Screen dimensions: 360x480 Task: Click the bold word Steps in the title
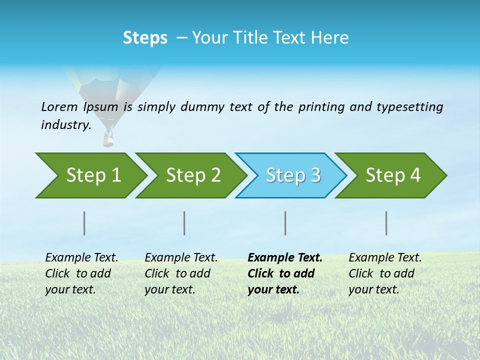coord(145,37)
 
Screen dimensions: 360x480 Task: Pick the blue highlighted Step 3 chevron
coord(293,175)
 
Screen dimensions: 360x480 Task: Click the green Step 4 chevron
coord(393,175)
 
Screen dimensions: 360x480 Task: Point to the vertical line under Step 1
coord(84,223)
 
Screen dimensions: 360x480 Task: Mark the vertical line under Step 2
coord(184,223)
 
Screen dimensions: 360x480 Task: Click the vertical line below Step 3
coord(285,223)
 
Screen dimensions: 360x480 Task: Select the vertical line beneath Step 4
coord(386,223)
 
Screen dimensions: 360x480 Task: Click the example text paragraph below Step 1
coord(81,273)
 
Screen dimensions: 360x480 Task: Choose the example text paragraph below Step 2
coord(181,273)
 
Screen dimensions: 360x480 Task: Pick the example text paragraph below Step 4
coord(385,273)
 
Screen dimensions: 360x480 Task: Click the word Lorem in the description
coord(59,107)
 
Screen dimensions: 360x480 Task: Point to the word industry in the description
coord(65,125)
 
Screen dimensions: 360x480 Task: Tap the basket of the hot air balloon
coord(108,138)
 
